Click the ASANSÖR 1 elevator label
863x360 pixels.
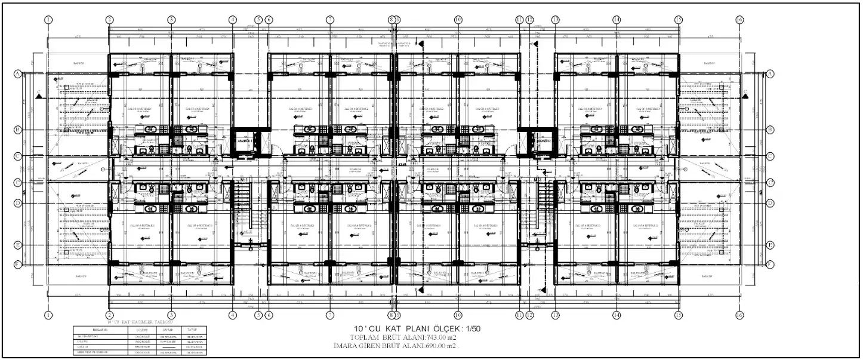(x=244, y=141)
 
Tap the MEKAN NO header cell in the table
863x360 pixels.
(x=91, y=330)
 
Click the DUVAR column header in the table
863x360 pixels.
(x=167, y=330)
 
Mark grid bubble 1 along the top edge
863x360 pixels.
(x=48, y=20)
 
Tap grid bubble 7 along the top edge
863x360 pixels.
(x=329, y=20)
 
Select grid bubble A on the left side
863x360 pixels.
(x=18, y=73)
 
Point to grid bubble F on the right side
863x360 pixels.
(x=770, y=264)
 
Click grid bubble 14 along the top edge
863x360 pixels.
(x=617, y=20)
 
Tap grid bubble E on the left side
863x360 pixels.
(x=18, y=245)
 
